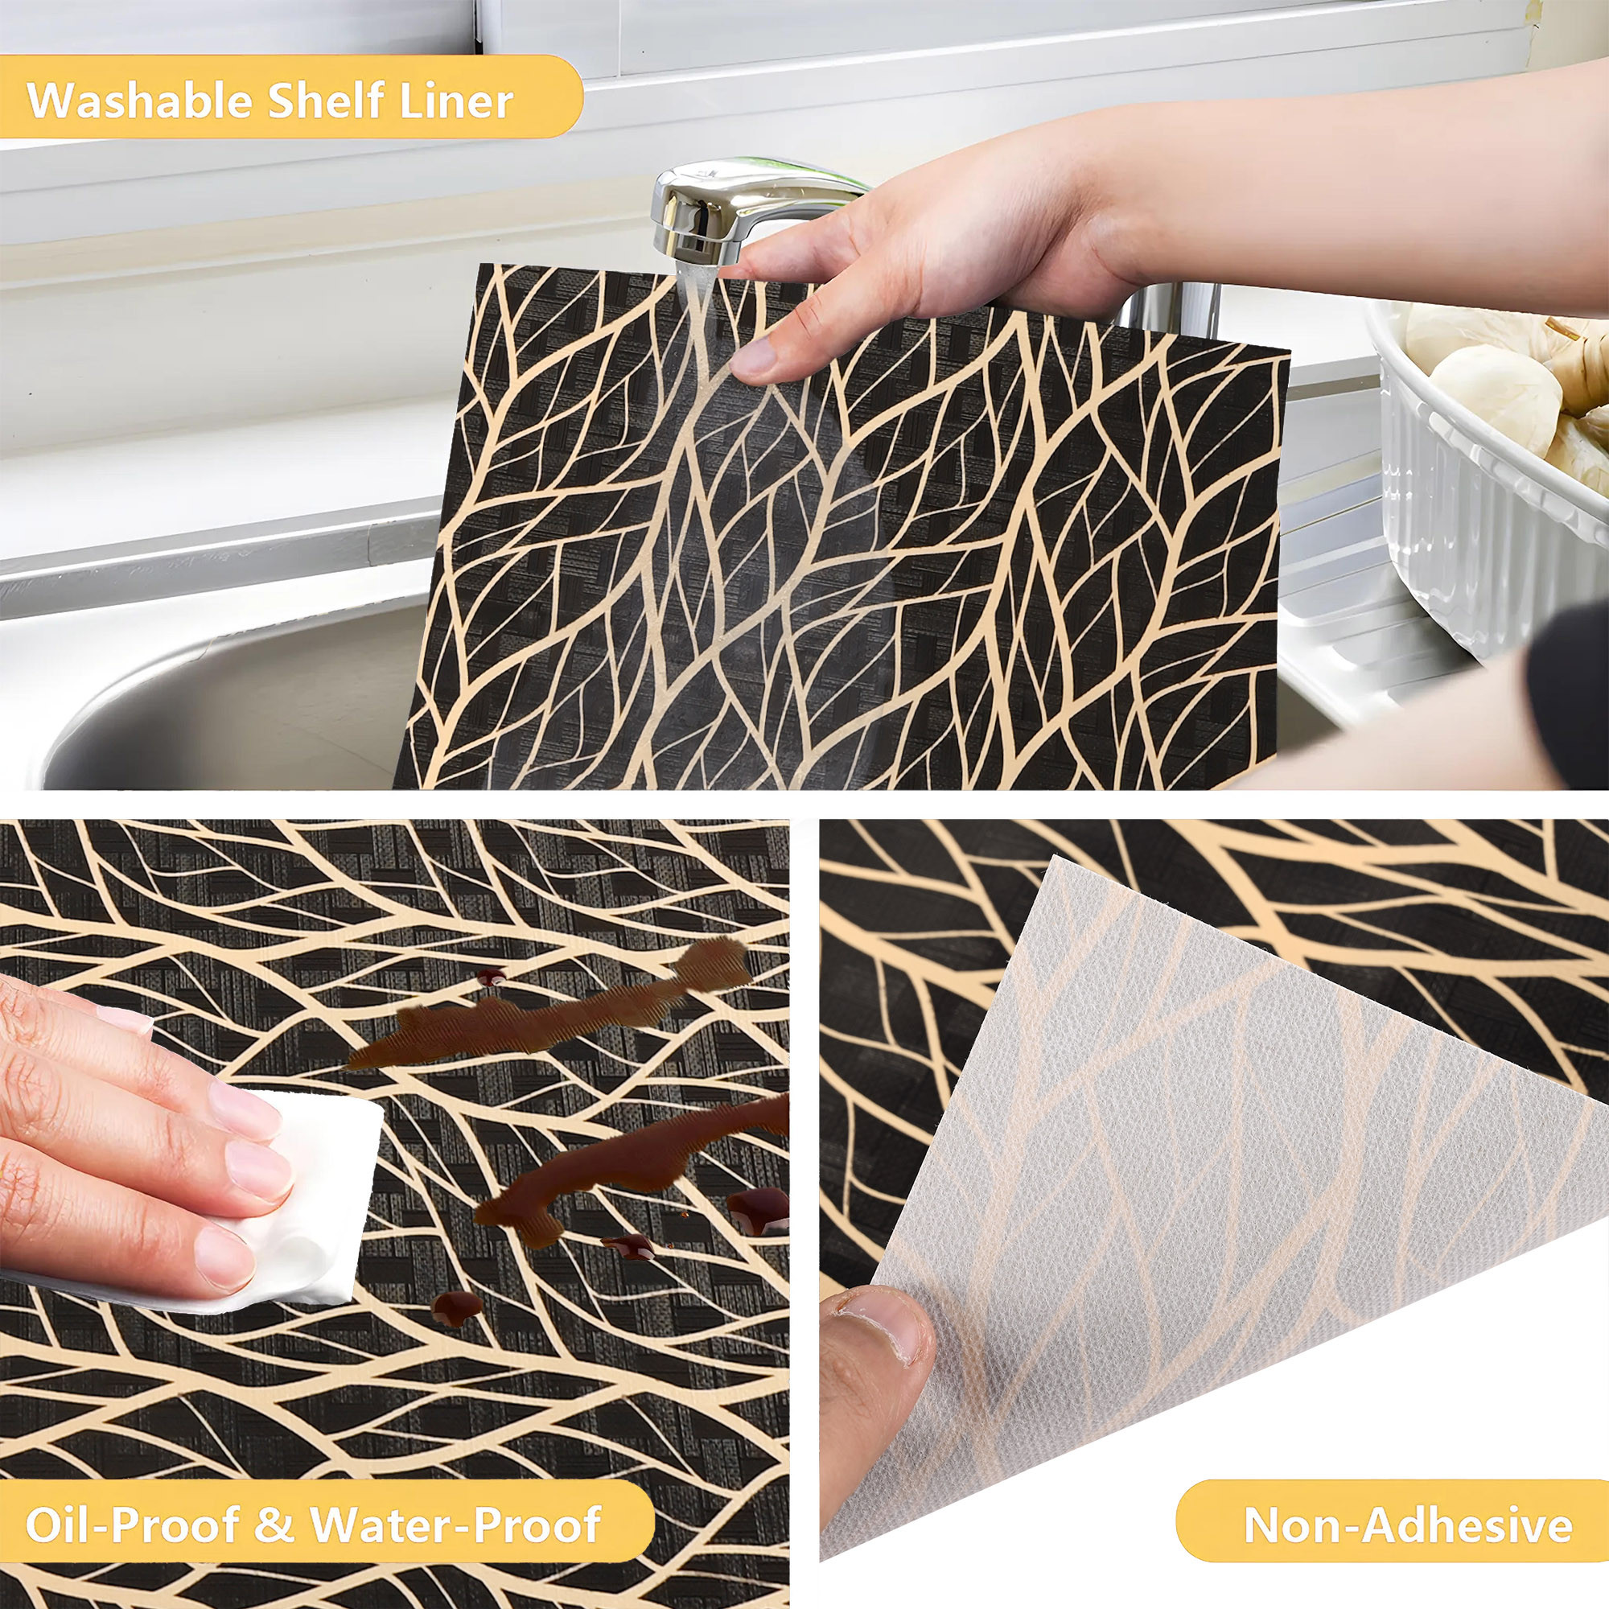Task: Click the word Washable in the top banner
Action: pyautogui.click(x=139, y=101)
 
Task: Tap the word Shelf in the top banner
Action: pyautogui.click(x=325, y=100)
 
